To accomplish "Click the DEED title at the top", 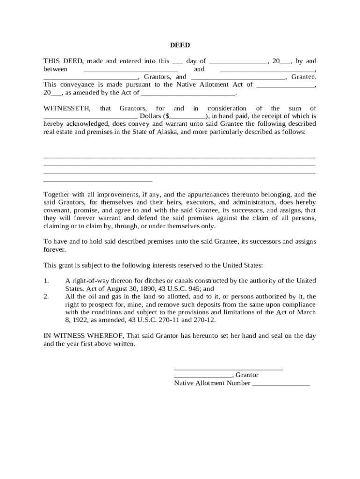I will click(180, 45).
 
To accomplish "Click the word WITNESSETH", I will click(67, 109).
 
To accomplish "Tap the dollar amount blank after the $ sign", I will click(188, 116).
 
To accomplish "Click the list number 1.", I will click(46, 281).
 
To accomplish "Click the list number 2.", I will click(46, 297).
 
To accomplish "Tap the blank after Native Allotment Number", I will click(281, 384).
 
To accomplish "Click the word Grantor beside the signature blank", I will click(247, 375).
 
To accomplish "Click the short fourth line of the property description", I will click(98, 180).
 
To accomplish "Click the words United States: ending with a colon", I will click(243, 265).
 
